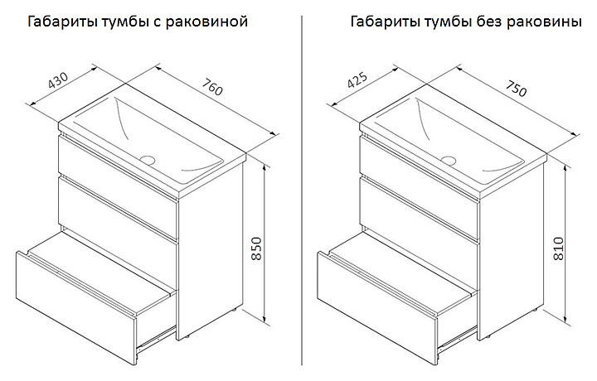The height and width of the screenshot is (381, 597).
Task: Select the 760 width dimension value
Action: pos(212,89)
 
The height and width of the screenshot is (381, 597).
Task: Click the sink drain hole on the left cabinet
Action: pos(148,158)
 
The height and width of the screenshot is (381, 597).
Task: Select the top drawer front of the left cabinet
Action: pos(117,162)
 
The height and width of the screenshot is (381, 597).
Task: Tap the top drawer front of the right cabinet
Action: pos(419,162)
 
